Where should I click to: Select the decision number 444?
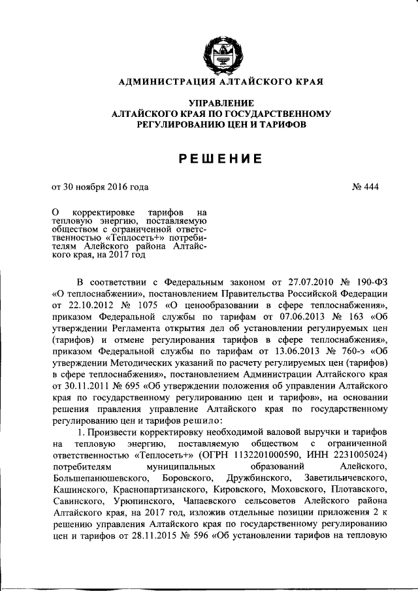[x=370, y=187]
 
